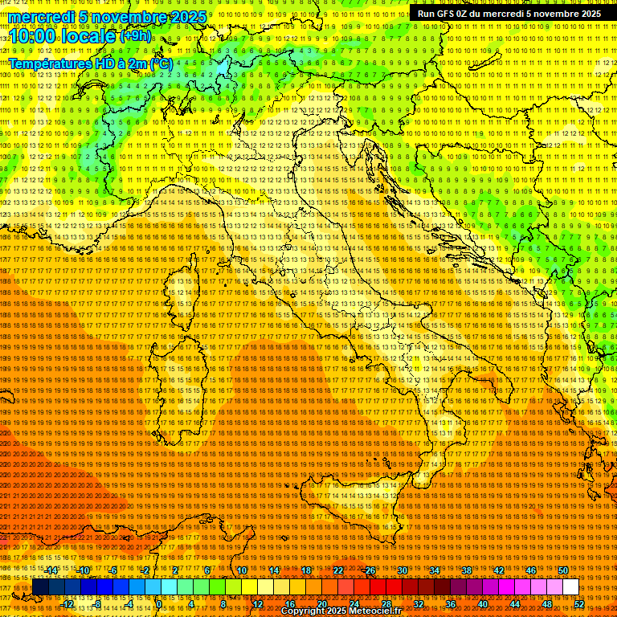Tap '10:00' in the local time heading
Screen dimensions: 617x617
click(x=33, y=36)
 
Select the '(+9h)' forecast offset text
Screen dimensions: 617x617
click(x=135, y=35)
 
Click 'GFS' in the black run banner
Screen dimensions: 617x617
click(x=449, y=14)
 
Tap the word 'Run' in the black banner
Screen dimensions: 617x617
click(x=427, y=14)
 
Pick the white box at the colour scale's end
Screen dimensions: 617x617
click(x=570, y=587)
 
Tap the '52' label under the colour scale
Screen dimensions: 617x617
click(x=579, y=604)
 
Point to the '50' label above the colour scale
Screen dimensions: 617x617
click(x=563, y=570)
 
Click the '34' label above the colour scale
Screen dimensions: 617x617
click(x=435, y=570)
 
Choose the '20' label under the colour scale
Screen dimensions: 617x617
click(x=322, y=604)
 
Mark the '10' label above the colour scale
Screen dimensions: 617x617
click(x=242, y=570)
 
